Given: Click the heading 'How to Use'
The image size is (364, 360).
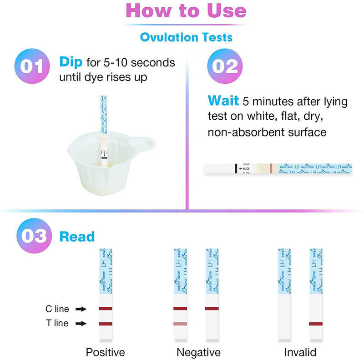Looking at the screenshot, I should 186,11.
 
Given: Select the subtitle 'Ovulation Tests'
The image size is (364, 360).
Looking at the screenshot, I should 186,37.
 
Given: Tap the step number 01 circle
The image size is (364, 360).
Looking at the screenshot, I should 33,67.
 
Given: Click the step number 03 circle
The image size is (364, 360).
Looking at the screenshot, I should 33,236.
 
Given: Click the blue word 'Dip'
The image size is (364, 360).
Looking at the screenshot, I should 70,62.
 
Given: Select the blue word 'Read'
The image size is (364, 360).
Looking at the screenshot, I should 77,237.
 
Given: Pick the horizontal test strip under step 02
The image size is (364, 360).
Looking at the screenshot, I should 278,168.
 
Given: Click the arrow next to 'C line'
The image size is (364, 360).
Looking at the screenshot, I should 81,309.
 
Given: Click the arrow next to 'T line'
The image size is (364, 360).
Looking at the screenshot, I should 81,324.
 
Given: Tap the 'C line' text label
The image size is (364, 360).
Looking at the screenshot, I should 57,309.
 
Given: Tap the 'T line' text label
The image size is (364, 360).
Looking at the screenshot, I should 57,324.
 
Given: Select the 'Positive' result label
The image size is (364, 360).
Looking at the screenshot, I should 105,352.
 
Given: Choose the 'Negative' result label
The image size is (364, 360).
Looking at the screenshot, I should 198,352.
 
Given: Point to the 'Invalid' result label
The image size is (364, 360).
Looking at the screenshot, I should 300,352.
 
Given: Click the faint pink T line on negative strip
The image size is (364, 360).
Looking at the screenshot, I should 180,324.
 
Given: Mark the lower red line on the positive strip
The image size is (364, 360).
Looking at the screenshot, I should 105,324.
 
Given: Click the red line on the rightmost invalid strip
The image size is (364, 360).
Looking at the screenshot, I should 315,324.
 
